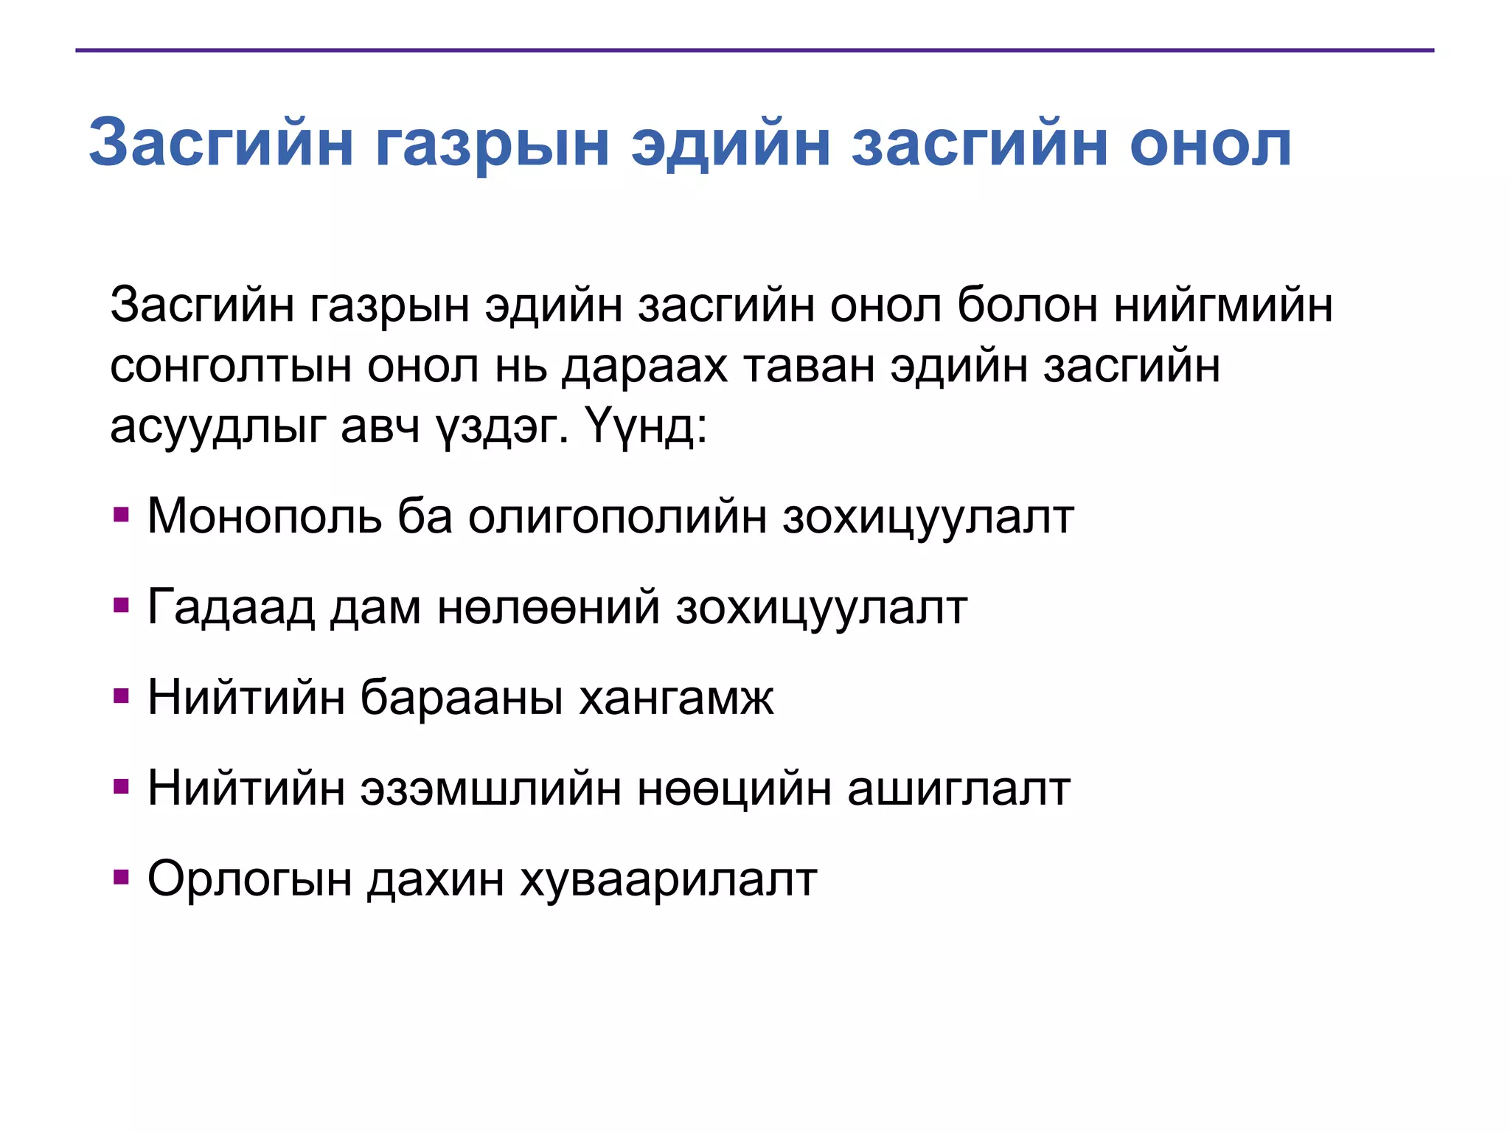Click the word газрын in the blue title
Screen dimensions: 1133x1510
492,145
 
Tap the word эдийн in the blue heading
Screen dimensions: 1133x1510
730,143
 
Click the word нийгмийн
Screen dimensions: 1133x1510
1223,305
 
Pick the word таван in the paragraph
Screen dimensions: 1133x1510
809,366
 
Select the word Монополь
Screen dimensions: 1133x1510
265,516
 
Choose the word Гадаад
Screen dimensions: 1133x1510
231,607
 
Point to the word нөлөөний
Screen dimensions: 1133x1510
548,607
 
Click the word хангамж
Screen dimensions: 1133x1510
676,697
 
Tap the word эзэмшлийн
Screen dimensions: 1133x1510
490,788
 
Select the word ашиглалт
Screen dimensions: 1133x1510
958,788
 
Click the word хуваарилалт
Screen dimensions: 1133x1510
668,879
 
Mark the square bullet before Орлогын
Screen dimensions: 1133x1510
122,877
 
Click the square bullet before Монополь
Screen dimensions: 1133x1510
122,513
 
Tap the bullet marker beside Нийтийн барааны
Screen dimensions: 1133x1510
122,696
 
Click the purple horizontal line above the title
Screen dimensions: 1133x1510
754,50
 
